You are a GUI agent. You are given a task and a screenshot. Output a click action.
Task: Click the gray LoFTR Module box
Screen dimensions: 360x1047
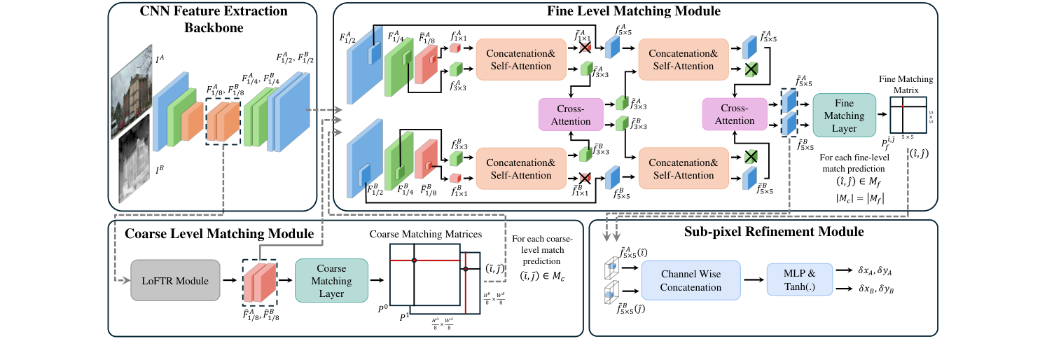click(175, 282)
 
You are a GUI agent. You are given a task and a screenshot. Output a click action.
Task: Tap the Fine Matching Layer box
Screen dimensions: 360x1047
click(844, 115)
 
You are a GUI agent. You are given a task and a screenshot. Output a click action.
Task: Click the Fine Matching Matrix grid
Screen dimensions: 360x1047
click(908, 115)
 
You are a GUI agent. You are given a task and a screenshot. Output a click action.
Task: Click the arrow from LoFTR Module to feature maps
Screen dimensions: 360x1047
click(229, 282)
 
